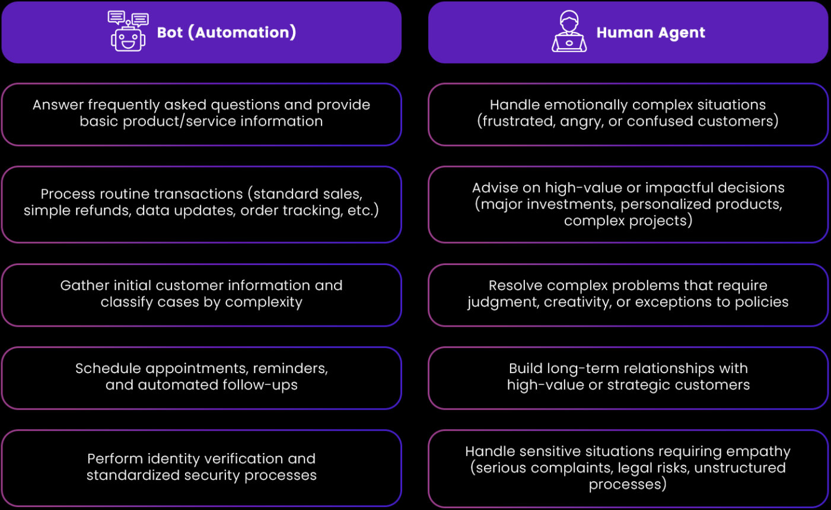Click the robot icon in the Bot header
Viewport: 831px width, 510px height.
tap(128, 32)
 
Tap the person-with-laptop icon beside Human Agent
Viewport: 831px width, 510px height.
tap(569, 32)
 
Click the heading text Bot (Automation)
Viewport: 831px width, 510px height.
tap(227, 32)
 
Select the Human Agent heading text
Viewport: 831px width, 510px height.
tap(651, 33)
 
